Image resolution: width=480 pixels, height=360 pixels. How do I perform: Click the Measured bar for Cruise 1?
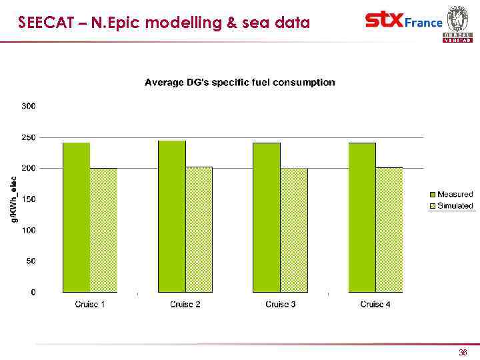[76, 217]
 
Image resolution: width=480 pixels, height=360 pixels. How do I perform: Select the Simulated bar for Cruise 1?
[103, 230]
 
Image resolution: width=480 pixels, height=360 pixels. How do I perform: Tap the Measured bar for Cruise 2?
[171, 217]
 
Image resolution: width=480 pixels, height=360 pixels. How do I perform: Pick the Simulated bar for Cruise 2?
[199, 229]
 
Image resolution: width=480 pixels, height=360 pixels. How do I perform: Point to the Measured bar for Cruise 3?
[267, 217]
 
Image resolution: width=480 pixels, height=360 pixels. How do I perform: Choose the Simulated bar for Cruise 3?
[294, 230]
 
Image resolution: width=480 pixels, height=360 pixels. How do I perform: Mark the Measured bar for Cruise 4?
[362, 217]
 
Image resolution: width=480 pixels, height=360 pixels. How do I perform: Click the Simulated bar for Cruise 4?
[389, 230]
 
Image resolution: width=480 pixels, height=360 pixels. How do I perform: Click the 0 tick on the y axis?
[33, 292]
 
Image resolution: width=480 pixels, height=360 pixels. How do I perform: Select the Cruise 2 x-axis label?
[185, 305]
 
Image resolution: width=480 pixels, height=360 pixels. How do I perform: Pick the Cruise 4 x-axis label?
[376, 305]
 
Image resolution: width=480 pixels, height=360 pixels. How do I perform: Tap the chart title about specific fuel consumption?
[240, 83]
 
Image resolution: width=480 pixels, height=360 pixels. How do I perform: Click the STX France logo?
[403, 21]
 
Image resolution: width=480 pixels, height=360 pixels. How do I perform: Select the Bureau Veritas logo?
[457, 23]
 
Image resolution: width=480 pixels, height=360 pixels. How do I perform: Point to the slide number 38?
[463, 352]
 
